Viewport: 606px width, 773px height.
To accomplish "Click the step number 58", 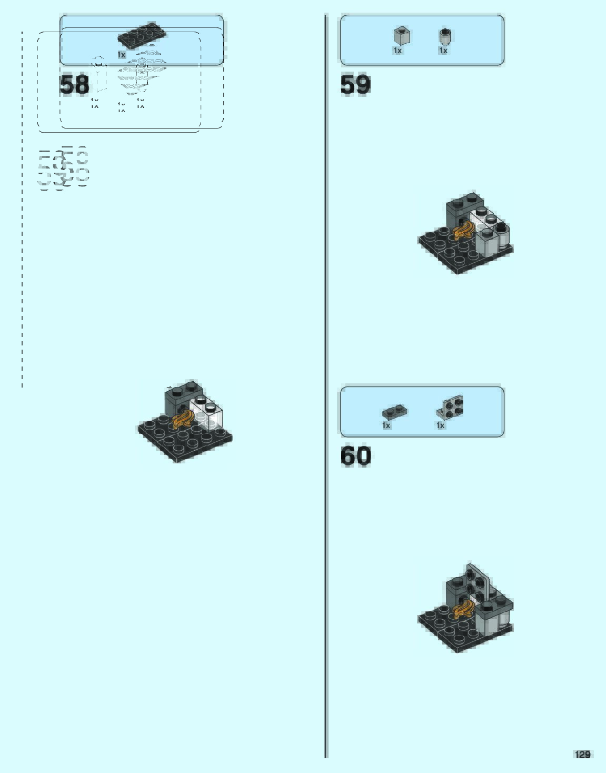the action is tap(74, 85).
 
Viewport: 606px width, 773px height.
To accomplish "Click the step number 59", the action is tap(355, 85).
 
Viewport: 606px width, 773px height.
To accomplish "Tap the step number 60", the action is tap(355, 456).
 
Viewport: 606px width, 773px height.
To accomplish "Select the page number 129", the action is tap(583, 755).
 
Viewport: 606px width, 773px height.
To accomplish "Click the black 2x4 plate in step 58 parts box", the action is tap(142, 36).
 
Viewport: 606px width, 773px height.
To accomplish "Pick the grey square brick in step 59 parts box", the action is tap(401, 36).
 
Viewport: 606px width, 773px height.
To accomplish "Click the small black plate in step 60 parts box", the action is tap(394, 411).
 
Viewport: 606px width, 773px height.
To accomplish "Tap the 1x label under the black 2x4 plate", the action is tap(122, 55).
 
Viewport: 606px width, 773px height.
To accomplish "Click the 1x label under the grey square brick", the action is tap(398, 51).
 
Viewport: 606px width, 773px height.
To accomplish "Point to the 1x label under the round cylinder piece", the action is tap(443, 51).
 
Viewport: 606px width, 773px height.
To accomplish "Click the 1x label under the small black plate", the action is tap(386, 425).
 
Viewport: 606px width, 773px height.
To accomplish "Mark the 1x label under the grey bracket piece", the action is tap(441, 425).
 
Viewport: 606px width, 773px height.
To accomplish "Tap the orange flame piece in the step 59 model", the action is tap(464, 231).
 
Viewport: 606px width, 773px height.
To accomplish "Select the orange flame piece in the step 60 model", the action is tap(464, 610).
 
